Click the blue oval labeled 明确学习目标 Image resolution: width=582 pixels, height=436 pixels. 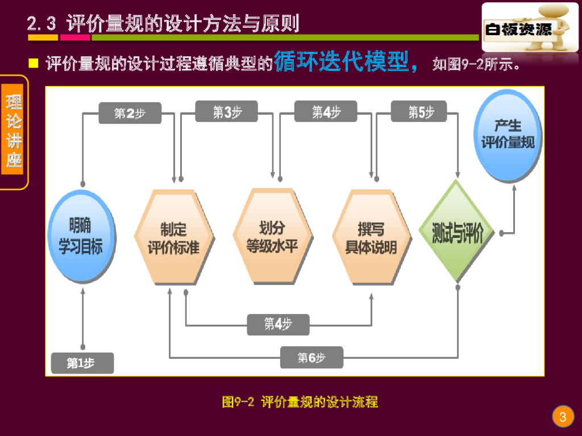82,236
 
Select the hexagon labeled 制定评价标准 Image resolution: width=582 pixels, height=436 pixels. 174,237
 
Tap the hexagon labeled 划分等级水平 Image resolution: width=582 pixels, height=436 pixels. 273,236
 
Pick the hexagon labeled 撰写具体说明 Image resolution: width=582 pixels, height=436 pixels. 372,237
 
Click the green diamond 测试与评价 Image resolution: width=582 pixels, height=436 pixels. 456,232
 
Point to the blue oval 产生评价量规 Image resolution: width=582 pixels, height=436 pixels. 508,136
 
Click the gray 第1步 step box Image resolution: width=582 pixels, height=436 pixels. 82,363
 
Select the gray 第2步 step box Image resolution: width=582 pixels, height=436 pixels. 130,113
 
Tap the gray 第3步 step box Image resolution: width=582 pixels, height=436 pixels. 226,111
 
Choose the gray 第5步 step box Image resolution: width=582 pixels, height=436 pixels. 419,111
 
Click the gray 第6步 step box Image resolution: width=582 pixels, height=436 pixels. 311,358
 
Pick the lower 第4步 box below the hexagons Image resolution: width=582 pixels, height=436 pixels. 278,325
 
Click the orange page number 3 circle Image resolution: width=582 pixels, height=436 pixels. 563,416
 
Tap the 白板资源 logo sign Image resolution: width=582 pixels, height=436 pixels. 530,27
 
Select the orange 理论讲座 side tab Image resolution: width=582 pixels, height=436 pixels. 13,129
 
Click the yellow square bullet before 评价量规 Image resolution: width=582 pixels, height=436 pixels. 34,64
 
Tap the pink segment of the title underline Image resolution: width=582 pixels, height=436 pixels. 75,37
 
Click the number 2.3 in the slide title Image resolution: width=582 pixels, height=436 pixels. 41,23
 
